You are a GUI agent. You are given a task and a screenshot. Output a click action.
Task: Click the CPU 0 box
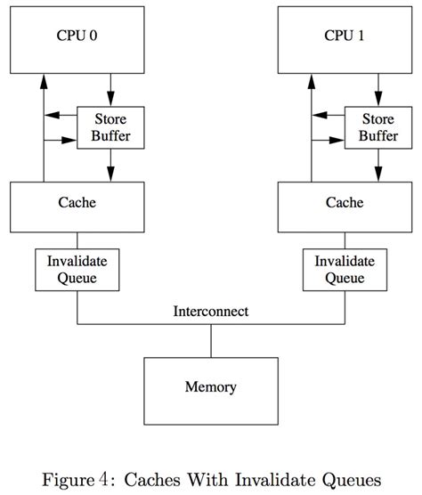click(x=77, y=40)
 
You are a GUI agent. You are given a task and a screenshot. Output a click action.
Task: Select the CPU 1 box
click(x=344, y=40)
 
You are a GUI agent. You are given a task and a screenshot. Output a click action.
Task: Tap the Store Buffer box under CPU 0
click(x=111, y=127)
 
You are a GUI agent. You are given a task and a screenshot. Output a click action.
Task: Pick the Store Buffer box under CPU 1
click(x=378, y=127)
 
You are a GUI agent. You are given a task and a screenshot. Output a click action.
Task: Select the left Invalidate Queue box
click(x=77, y=270)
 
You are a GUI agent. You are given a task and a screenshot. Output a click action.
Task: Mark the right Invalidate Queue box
click(x=344, y=270)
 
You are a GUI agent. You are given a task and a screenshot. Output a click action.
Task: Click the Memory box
click(x=210, y=388)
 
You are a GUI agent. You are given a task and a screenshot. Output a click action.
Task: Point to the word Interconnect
click(x=211, y=312)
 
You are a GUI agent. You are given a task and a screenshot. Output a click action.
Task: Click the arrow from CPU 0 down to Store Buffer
click(x=111, y=89)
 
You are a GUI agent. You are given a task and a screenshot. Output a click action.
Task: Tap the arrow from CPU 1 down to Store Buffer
click(x=378, y=89)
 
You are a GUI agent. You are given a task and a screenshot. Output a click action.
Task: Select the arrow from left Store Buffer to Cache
click(x=111, y=165)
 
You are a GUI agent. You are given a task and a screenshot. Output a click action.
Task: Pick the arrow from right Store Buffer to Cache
click(x=378, y=165)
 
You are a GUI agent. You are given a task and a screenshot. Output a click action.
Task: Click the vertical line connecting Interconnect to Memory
click(x=211, y=340)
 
